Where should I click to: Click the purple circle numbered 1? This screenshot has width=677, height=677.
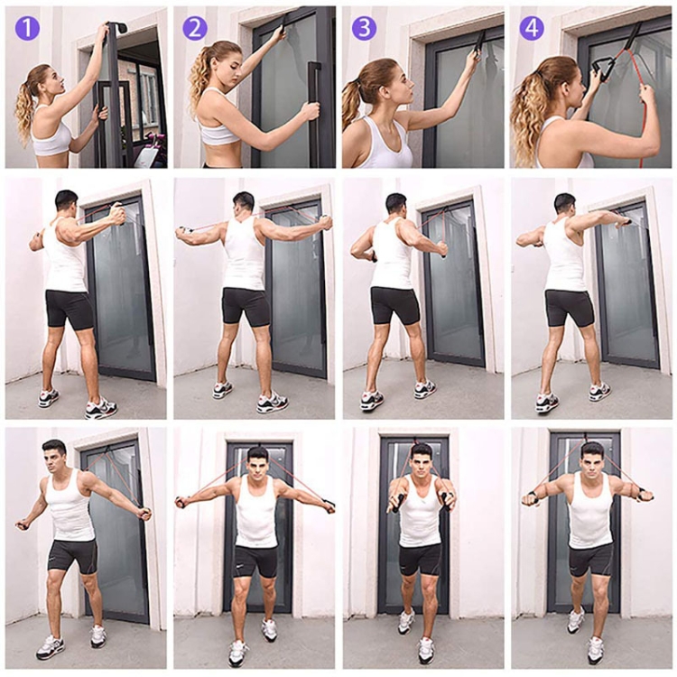pos(27,29)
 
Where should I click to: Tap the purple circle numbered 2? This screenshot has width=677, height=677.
pos(195,29)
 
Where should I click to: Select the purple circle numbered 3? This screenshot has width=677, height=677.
pos(364,29)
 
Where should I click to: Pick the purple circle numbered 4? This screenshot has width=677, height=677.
pos(532,29)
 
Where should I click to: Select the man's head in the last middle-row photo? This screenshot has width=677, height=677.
pos(564,206)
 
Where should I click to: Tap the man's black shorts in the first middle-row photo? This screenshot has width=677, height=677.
pos(70,308)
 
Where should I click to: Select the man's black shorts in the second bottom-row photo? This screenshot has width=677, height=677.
pos(255,561)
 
